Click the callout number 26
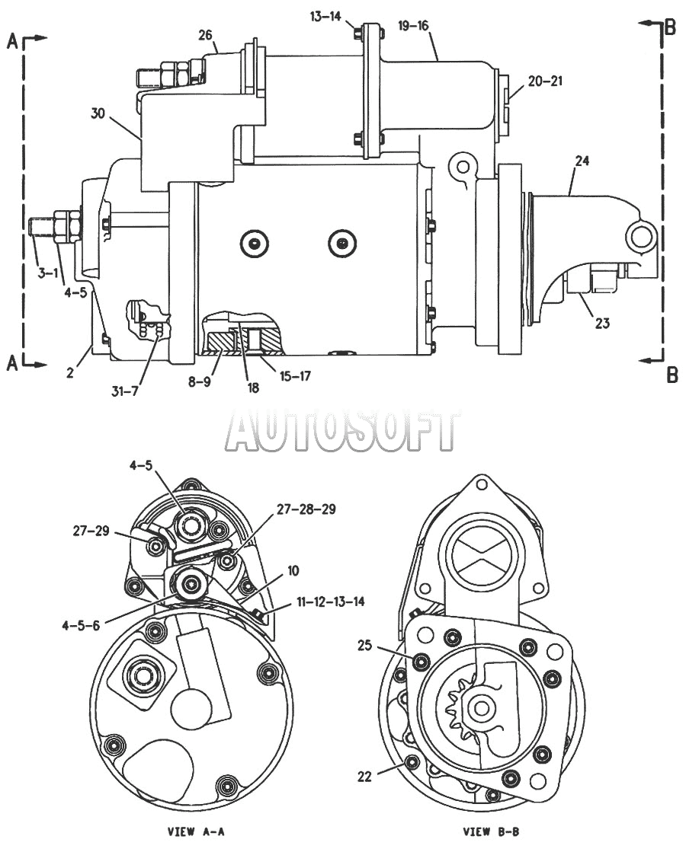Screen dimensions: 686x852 click(x=204, y=35)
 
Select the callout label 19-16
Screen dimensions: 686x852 click(x=413, y=26)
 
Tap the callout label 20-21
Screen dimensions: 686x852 click(x=545, y=81)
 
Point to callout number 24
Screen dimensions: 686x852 click(x=582, y=161)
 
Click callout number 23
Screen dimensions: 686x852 click(x=602, y=324)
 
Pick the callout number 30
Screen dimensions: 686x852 click(x=98, y=114)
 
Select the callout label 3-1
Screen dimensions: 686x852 click(x=48, y=273)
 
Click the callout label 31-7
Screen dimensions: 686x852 click(x=125, y=391)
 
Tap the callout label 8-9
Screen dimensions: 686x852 click(x=199, y=382)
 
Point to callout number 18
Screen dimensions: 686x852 click(x=253, y=388)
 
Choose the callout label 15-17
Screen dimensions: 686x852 click(x=294, y=375)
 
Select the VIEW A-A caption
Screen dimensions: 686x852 click(x=197, y=831)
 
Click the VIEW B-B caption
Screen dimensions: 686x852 click(x=491, y=831)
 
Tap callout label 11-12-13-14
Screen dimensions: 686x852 click(x=330, y=602)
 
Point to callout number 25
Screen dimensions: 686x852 click(x=364, y=645)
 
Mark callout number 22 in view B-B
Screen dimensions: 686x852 click(x=364, y=777)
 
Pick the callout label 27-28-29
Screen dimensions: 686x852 click(x=306, y=509)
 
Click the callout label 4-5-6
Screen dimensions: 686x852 click(x=81, y=625)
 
